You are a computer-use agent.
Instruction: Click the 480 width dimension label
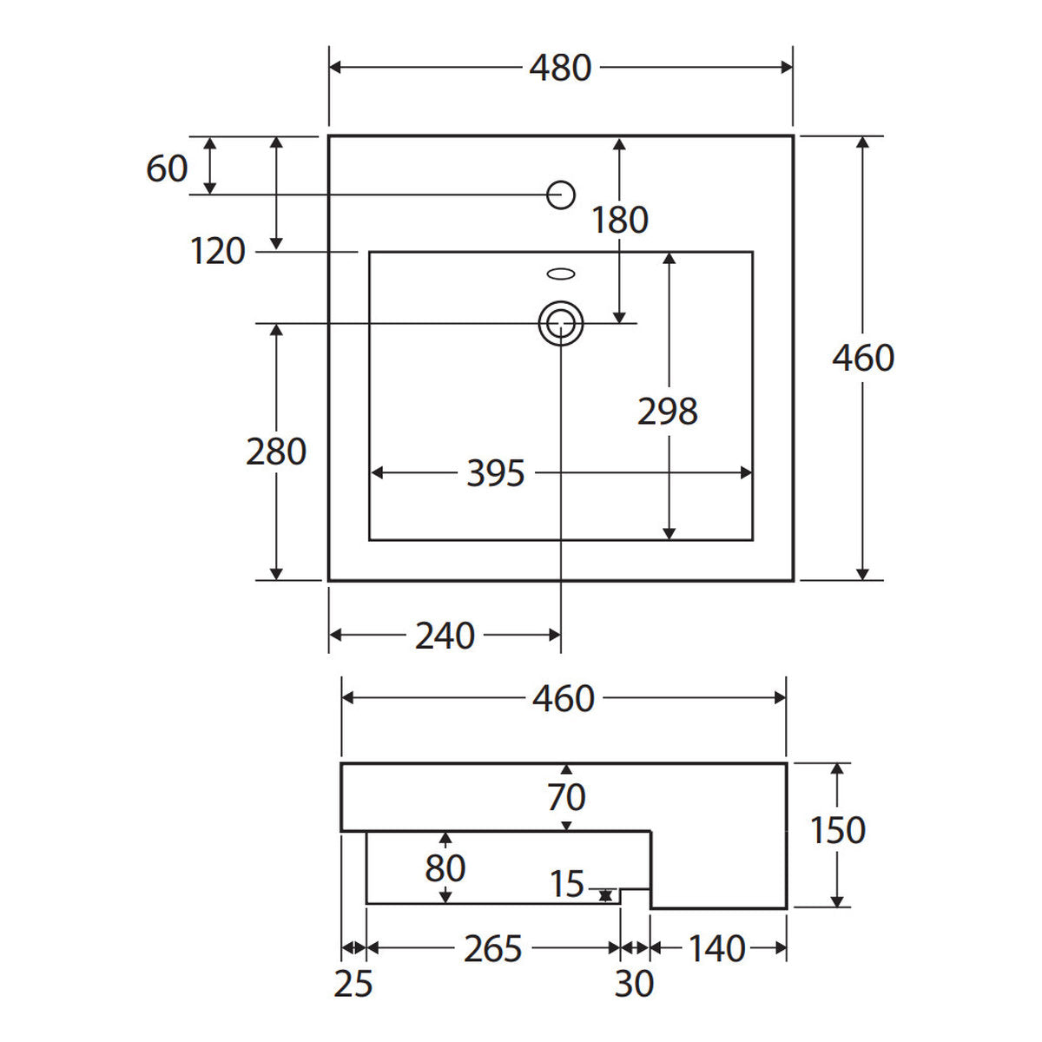click(x=560, y=68)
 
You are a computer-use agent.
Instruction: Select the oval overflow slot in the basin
click(x=561, y=274)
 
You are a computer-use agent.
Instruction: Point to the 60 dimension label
click(x=167, y=168)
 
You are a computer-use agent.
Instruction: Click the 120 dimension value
click(x=218, y=252)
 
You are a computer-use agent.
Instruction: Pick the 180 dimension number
click(x=620, y=220)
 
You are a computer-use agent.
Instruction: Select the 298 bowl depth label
click(x=667, y=412)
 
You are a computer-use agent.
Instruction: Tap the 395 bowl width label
click(x=495, y=473)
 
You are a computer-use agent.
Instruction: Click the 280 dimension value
click(x=276, y=452)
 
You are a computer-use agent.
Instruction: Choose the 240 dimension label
click(x=445, y=636)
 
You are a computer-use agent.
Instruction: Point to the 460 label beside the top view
click(x=863, y=358)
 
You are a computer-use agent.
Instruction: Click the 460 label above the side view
click(x=564, y=698)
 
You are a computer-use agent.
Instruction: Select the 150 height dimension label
click(x=838, y=830)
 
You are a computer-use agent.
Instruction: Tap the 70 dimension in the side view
click(x=566, y=797)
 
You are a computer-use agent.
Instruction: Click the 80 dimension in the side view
click(x=445, y=869)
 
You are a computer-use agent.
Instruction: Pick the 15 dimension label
click(x=567, y=884)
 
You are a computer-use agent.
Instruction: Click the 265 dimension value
click(x=492, y=949)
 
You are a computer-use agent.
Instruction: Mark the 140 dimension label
click(x=717, y=949)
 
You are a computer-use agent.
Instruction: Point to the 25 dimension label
click(x=353, y=984)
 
